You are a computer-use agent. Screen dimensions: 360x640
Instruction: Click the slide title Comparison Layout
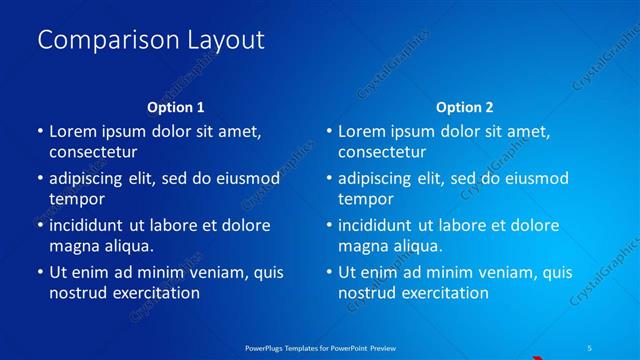[151, 40]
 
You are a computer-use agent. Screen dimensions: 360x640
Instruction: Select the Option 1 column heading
[176, 107]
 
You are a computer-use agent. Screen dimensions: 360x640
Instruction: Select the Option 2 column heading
[465, 107]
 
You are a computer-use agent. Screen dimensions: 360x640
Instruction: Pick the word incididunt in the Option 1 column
[92, 225]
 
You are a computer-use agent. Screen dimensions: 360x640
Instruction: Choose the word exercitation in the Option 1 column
[151, 293]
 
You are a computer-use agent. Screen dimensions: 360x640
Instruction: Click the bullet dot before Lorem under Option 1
[39, 131]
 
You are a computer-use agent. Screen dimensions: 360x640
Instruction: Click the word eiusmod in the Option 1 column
[244, 178]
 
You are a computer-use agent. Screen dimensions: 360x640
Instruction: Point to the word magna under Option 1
[73, 245]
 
